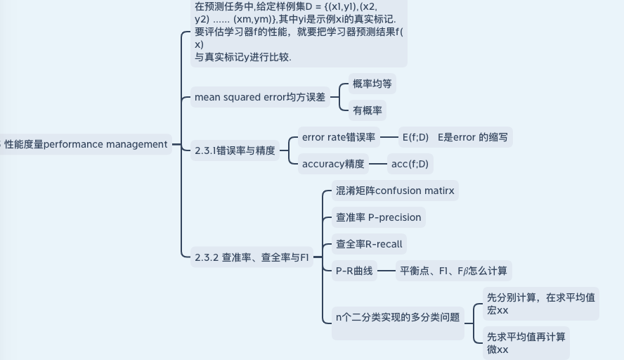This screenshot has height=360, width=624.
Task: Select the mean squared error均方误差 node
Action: (260, 97)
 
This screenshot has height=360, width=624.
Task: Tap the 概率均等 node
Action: (372, 84)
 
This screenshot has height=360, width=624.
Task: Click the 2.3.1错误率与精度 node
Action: (235, 150)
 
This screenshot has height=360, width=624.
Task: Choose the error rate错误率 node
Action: (339, 137)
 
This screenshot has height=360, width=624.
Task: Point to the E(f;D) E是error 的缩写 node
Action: (454, 137)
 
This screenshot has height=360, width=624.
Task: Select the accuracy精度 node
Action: (333, 164)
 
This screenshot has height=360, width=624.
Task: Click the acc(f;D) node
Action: (410, 164)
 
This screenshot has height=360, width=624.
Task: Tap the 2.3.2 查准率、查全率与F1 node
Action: (251, 257)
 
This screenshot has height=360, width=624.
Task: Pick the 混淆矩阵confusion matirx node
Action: (395, 191)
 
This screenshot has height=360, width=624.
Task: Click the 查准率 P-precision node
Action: (378, 217)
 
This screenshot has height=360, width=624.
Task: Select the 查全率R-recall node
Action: (369, 244)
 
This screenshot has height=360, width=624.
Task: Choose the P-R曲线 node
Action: (354, 270)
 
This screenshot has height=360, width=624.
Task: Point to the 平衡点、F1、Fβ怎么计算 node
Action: (453, 270)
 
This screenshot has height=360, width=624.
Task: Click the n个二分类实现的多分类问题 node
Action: (398, 317)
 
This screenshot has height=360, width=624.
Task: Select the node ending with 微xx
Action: (526, 343)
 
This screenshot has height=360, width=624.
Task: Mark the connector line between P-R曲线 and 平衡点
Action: (386, 270)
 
